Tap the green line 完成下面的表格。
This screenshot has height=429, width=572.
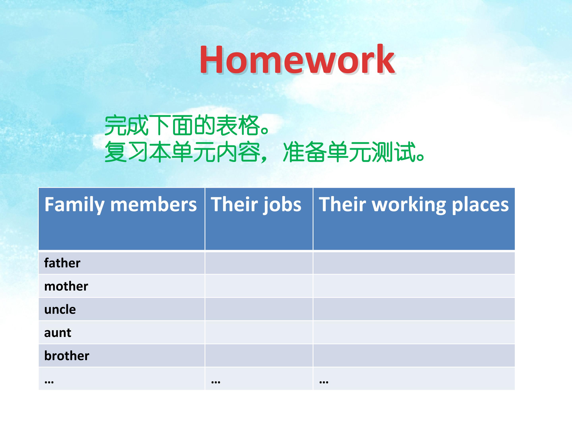[187, 126]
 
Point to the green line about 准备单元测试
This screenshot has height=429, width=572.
[264, 152]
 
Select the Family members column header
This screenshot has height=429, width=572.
[121, 205]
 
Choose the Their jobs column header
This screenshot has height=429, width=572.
[256, 205]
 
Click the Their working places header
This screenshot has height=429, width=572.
[414, 205]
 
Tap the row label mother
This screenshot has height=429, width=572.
[66, 286]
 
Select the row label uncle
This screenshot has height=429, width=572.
[60, 309]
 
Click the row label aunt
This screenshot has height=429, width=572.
[58, 332]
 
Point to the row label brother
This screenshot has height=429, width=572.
[67, 356]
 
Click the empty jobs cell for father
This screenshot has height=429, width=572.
[259, 263]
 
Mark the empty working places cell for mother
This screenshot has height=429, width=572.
[414, 286]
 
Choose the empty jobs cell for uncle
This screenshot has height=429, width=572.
[259, 309]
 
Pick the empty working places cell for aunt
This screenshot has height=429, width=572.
[414, 332]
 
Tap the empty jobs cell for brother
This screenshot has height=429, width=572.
[259, 355]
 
